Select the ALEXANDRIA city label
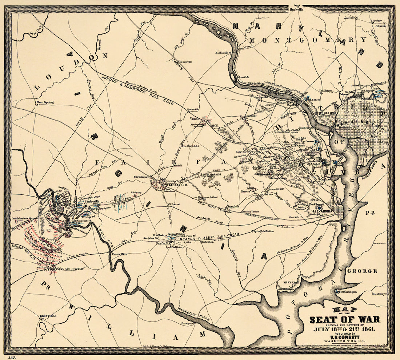pyautogui.click(x=321, y=211)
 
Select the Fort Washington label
pyautogui.click(x=348, y=292)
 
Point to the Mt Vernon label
pyautogui.click(x=288, y=282)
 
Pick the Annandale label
pyautogui.click(x=233, y=206)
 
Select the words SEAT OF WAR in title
pyautogui.click(x=344, y=320)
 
